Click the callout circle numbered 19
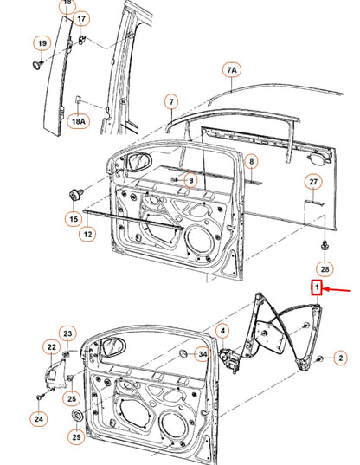pyautogui.click(x=41, y=43)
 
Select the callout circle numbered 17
pyautogui.click(x=81, y=18)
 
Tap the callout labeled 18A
pyautogui.click(x=79, y=122)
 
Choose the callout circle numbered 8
pyautogui.click(x=250, y=162)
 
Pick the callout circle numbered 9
pyautogui.click(x=190, y=179)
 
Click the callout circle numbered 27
pyautogui.click(x=314, y=182)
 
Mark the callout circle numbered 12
pyautogui.click(x=89, y=234)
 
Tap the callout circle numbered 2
pyautogui.click(x=340, y=357)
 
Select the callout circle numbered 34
pyautogui.click(x=202, y=353)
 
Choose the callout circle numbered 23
pyautogui.click(x=67, y=334)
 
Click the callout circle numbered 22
pyautogui.click(x=51, y=347)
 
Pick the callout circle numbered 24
pyautogui.click(x=39, y=419)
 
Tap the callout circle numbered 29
pyautogui.click(x=76, y=438)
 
